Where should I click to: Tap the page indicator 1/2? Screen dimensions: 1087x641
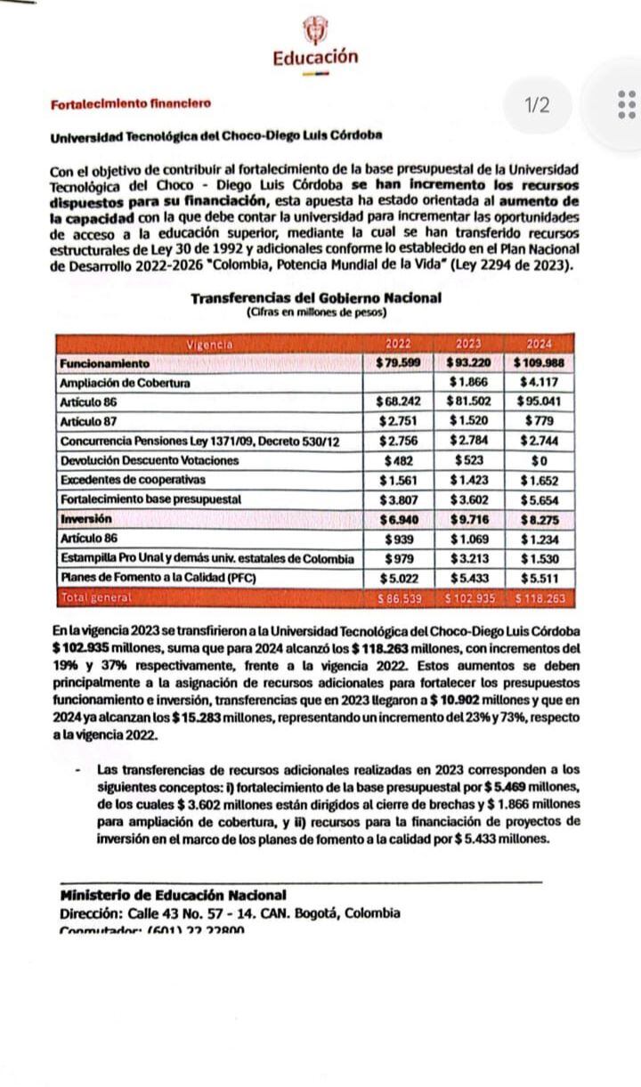pyautogui.click(x=538, y=106)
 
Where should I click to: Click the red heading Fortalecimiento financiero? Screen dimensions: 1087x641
pyautogui.click(x=131, y=103)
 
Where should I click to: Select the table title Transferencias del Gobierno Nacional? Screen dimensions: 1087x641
pyautogui.click(x=315, y=298)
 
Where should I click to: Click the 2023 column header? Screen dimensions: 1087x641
pyautogui.click(x=468, y=344)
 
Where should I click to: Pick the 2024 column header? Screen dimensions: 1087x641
pyautogui.click(x=539, y=344)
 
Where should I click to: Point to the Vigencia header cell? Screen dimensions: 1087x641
pyautogui.click(x=210, y=344)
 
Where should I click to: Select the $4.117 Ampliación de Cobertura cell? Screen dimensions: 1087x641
pyautogui.click(x=539, y=383)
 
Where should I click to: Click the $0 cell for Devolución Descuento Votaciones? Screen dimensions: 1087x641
pyautogui.click(x=539, y=460)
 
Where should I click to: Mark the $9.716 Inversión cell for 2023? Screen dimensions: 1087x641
pyautogui.click(x=468, y=519)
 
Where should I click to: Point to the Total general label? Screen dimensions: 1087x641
pyautogui.click(x=96, y=597)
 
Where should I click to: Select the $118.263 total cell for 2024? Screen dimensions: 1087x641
pyautogui.click(x=539, y=597)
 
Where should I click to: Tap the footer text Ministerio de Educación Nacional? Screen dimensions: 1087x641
pyautogui.click(x=173, y=895)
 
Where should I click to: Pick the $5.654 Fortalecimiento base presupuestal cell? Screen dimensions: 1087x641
pyautogui.click(x=539, y=499)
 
